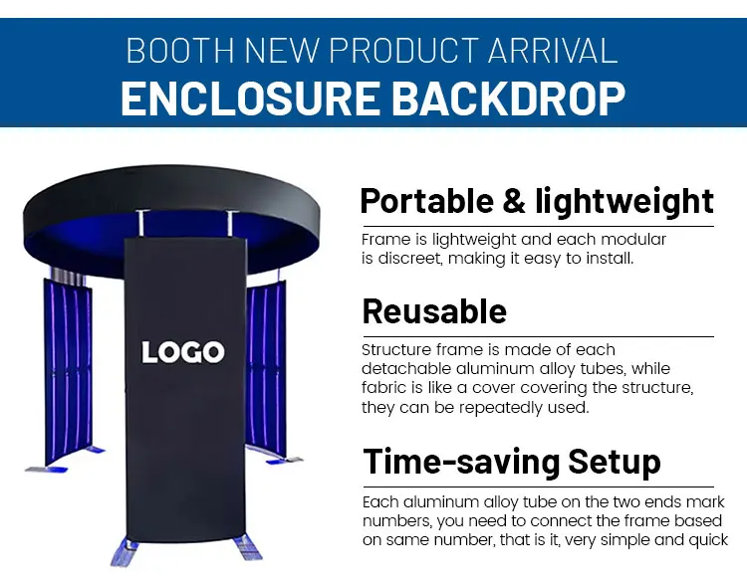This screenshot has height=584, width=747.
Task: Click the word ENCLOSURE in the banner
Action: [250, 98]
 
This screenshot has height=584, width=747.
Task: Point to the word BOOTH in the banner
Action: [180, 51]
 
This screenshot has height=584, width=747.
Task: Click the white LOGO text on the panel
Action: [183, 352]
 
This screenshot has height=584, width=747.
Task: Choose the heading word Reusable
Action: [434, 311]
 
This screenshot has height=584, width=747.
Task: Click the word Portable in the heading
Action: [426, 201]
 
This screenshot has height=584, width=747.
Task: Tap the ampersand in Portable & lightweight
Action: [514, 201]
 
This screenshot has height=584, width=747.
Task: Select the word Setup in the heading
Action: [615, 462]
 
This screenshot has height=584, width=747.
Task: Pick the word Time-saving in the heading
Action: [461, 463]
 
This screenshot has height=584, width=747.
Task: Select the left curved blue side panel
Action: [68, 371]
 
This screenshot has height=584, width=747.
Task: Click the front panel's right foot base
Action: [248, 548]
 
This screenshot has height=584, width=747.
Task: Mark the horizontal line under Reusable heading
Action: [538, 336]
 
